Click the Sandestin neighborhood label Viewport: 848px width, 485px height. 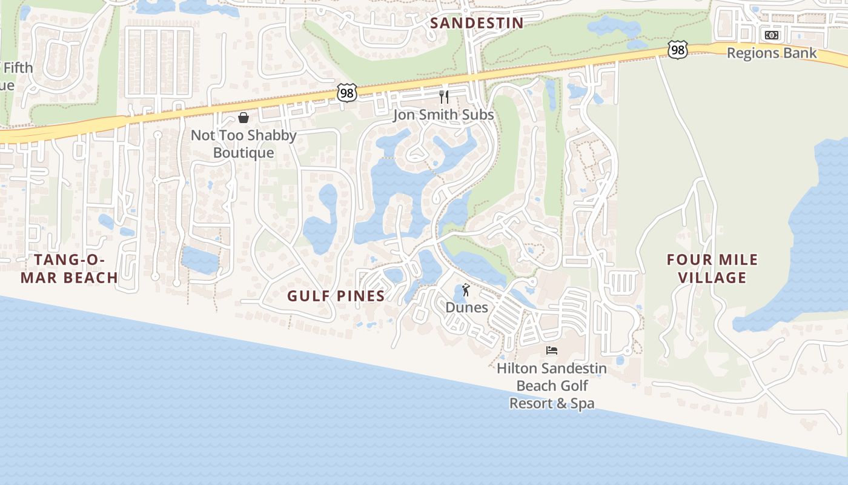(477, 23)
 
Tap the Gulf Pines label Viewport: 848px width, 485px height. (336, 296)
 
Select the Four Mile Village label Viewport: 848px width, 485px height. (712, 268)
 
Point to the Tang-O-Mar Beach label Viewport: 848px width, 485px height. (76, 269)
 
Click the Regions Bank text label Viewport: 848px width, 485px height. (771, 53)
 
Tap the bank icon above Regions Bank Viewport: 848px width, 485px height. (771, 35)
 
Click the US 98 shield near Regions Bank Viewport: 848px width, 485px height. (678, 50)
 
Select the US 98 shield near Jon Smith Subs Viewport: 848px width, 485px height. (347, 93)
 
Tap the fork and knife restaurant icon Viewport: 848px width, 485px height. (444, 96)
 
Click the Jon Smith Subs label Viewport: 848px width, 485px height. (443, 115)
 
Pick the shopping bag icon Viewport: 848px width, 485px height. (243, 117)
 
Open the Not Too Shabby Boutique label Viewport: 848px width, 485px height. (243, 144)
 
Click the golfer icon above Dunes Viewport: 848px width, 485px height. (466, 290)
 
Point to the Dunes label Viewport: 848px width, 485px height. (466, 307)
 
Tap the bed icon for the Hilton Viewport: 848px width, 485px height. (551, 350)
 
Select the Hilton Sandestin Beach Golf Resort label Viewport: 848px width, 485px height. (551, 386)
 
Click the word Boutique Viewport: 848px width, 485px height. (243, 153)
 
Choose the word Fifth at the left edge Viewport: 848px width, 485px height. (18, 67)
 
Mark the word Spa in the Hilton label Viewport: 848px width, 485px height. (583, 403)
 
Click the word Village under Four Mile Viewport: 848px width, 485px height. (712, 278)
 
